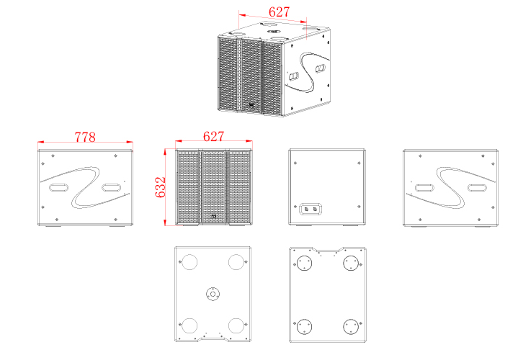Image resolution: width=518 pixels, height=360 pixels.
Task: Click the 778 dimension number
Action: coord(85,137)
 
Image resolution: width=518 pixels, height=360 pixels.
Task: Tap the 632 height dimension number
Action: coord(160,187)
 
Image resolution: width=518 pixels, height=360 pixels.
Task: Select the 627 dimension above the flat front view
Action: coord(213,136)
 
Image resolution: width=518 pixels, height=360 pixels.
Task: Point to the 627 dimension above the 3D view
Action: coord(279,12)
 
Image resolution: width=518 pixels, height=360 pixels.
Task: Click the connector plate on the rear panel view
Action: coord(311,209)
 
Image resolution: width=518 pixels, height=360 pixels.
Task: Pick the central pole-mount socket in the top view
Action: coord(213,294)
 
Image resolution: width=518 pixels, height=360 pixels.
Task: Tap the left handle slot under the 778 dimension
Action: coord(59,188)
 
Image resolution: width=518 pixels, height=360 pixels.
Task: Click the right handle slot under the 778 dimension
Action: coord(112,188)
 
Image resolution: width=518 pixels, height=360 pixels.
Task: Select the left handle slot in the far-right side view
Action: coord(424,188)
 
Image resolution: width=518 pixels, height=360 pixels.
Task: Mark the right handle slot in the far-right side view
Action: coord(477,188)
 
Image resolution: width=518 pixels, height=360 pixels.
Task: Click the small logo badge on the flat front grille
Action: coord(214,217)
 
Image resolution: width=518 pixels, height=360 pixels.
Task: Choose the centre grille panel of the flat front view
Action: coord(214,187)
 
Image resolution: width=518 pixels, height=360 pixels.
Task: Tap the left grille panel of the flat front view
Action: coord(188,187)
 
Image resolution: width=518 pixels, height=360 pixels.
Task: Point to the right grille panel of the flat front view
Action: coord(239,187)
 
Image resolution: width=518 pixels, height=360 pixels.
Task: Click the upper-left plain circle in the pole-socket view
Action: coord(189,262)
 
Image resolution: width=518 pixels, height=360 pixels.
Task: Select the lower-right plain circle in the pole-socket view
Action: coord(236,325)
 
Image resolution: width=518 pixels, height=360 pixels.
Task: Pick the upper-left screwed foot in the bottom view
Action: coord(304,264)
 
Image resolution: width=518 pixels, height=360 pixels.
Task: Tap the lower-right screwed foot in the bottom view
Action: coord(351,327)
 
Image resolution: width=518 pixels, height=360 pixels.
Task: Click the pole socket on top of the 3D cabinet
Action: coord(274,32)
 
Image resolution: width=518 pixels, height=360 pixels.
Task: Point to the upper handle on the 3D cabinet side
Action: coord(320,68)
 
